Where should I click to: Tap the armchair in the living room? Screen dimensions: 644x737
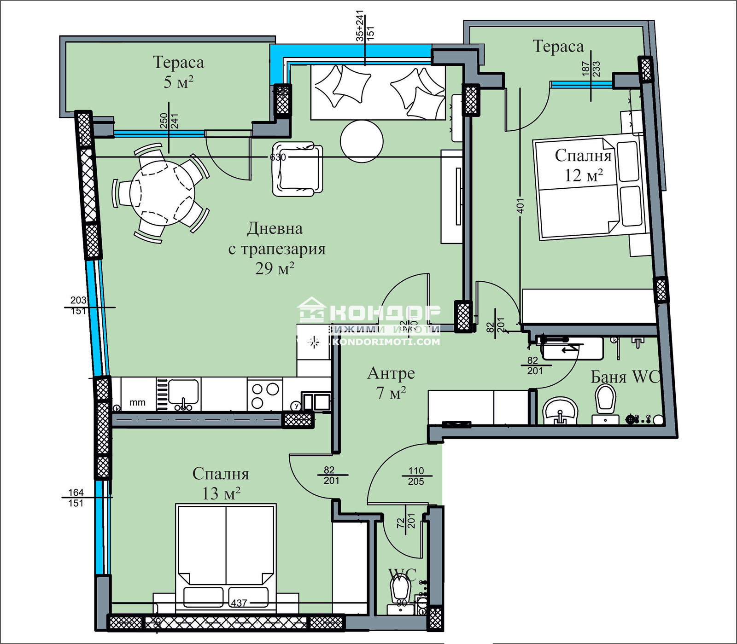[297, 169]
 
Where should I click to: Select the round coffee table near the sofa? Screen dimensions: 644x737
[362, 141]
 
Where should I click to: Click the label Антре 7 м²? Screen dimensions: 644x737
[391, 383]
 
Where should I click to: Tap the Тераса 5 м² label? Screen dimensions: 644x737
[178, 72]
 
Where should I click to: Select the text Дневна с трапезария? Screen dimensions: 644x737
[276, 238]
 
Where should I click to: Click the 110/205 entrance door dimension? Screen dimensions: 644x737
[415, 476]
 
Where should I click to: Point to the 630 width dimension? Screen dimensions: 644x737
[278, 157]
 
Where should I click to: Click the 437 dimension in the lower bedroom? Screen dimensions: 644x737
[239, 603]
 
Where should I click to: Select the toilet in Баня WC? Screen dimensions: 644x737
[605, 399]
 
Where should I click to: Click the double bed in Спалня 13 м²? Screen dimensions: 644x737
[226, 557]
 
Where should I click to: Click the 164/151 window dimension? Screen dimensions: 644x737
[76, 498]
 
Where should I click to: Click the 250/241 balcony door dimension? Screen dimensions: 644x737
[169, 121]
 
